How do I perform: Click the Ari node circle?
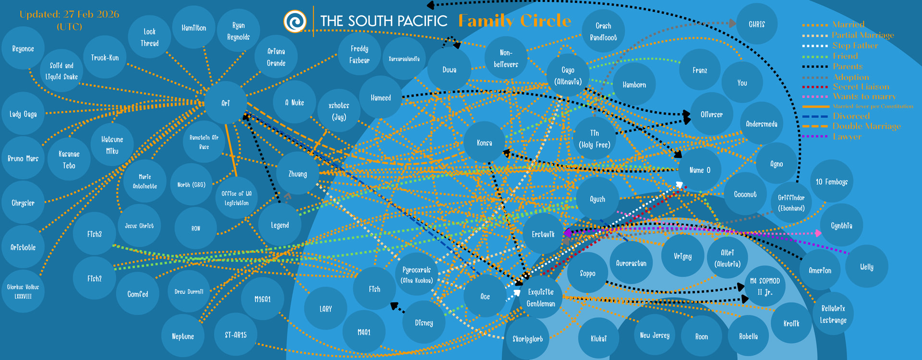coord(226,103)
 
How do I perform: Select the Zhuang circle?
coord(297,174)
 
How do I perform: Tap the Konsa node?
coord(484,143)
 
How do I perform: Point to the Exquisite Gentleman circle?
coord(541,298)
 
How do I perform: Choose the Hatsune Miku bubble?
coord(112,145)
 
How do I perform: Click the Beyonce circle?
coord(23,48)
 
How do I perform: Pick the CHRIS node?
coord(756,24)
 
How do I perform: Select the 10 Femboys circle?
coord(831,181)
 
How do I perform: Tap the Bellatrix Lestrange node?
coord(833,314)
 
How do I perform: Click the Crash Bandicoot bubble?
coord(603,31)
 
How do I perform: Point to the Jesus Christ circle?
coord(139,226)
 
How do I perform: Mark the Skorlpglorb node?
coord(527,339)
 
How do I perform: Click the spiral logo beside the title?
coord(295,21)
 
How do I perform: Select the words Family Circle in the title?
coord(514,21)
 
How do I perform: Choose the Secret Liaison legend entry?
coord(861,87)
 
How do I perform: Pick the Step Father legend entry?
coord(855,46)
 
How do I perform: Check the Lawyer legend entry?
coord(847,137)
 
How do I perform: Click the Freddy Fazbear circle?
coord(359,54)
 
